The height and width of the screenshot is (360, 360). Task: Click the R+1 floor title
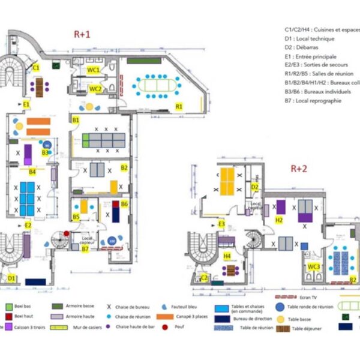(82, 35)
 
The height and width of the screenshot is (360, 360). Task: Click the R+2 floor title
(299, 169)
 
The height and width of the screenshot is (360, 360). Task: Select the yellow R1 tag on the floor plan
(178, 106)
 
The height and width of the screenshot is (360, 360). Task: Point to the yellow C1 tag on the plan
(36, 68)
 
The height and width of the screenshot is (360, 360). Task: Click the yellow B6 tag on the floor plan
(124, 204)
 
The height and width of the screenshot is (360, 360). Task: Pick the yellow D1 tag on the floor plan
(11, 278)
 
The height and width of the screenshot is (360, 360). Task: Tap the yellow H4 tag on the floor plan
(227, 256)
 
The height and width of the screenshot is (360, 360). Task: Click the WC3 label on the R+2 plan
(314, 266)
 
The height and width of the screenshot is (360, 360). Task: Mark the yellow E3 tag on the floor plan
(221, 224)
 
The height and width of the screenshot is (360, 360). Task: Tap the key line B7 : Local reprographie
(314, 101)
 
